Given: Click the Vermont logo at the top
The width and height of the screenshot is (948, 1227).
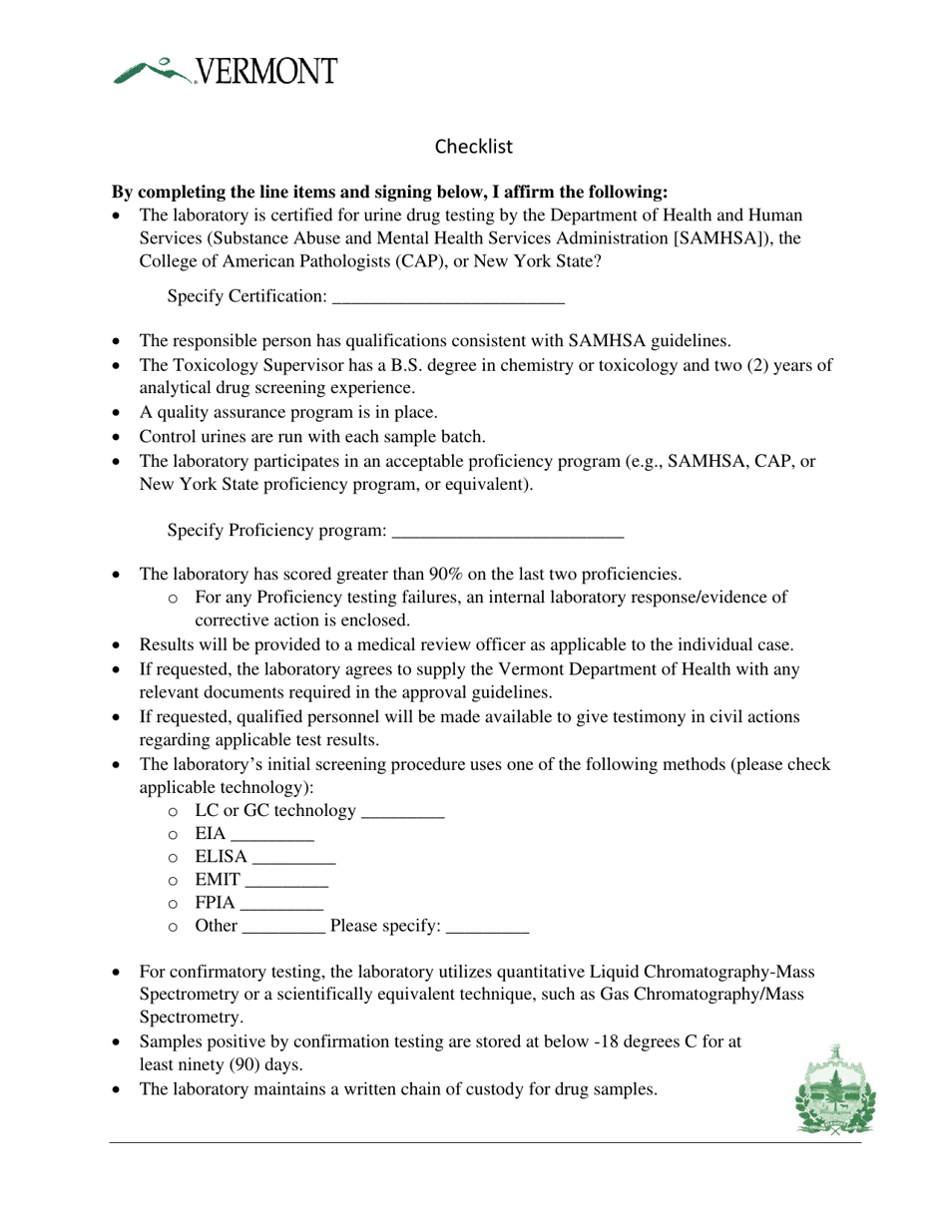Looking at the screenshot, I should (x=225, y=71).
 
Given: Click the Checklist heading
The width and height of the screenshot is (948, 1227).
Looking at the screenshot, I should (x=474, y=147).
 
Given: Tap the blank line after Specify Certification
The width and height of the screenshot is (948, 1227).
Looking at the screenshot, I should (x=448, y=298).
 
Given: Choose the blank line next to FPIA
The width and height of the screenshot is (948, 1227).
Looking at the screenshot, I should (x=282, y=905).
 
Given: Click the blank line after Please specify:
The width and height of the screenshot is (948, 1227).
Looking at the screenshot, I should (x=487, y=928).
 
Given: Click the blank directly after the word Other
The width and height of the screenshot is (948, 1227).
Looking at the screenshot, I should (x=283, y=928).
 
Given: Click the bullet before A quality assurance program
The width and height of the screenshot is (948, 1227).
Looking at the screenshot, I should (x=118, y=413).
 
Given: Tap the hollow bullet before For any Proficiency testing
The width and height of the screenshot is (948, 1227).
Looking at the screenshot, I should (x=174, y=599).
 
